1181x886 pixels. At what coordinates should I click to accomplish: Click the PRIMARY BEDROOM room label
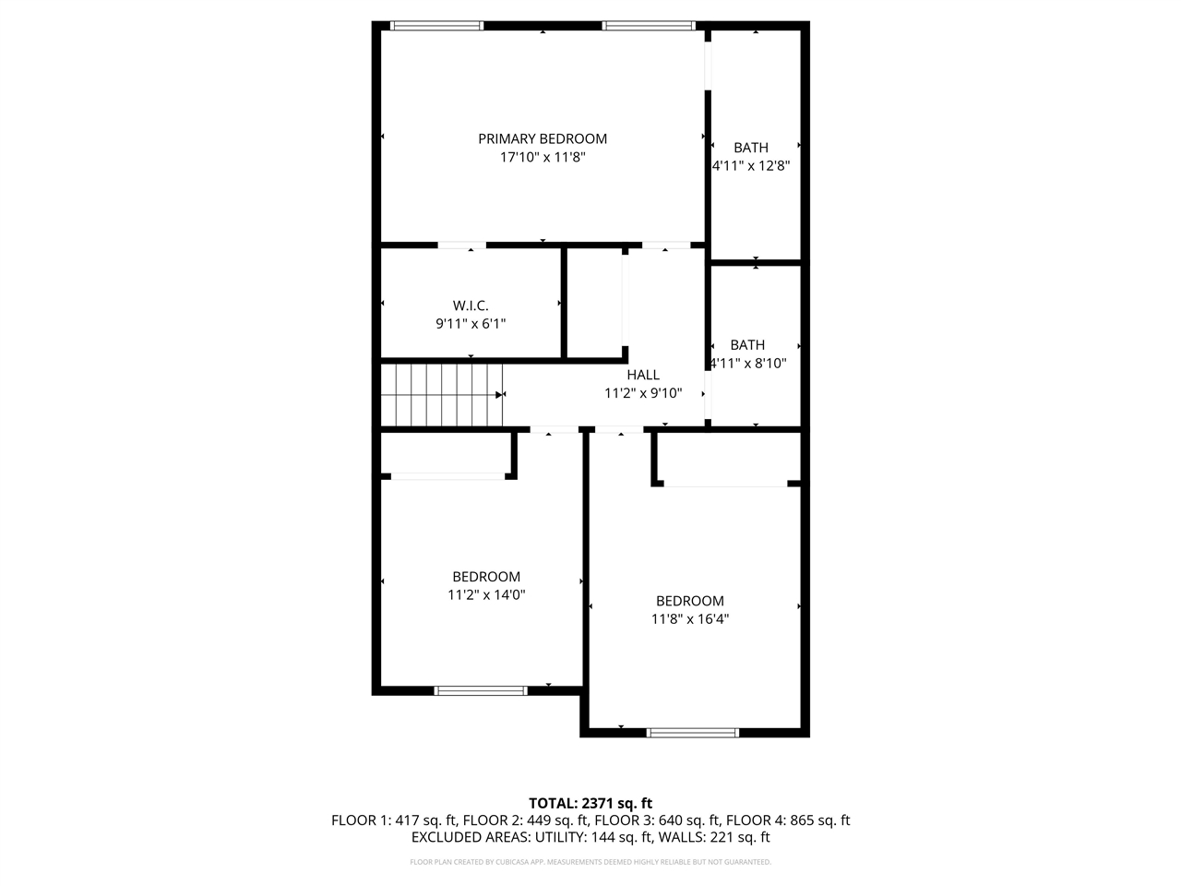[x=543, y=138]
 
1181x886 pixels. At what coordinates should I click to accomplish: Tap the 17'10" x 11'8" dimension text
[x=543, y=158]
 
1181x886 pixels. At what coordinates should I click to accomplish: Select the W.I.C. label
[x=471, y=305]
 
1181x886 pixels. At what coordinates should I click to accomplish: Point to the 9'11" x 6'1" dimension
[x=471, y=324]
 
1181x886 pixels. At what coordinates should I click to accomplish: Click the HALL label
[x=643, y=375]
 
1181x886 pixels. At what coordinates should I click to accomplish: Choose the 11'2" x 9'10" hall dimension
[x=643, y=393]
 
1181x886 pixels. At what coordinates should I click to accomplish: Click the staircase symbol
[x=441, y=395]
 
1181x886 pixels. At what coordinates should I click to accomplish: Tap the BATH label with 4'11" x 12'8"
[x=751, y=148]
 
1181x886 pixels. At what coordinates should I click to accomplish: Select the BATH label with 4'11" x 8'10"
[x=747, y=345]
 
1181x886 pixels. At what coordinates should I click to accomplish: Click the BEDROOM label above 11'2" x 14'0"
[x=486, y=577]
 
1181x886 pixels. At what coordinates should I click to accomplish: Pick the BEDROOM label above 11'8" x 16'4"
[x=690, y=601]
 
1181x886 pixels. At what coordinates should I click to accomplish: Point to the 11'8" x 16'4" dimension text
[x=690, y=619]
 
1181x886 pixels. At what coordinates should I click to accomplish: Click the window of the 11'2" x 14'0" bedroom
[x=481, y=689]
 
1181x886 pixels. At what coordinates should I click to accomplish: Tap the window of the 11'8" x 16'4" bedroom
[x=693, y=733]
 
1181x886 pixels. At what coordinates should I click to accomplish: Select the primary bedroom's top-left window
[x=436, y=26]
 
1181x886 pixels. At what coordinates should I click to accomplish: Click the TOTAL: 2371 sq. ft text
[x=590, y=803]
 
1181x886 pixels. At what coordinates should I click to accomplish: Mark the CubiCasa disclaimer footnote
[x=590, y=862]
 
